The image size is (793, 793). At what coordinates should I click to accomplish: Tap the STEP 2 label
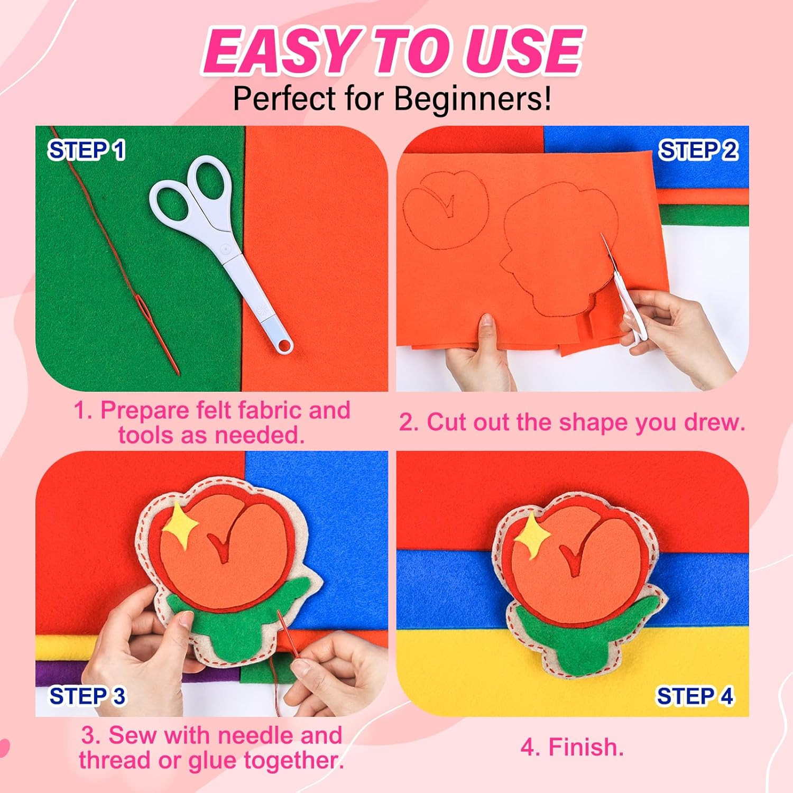(x=698, y=151)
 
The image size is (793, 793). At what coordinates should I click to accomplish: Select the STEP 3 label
(x=88, y=696)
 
